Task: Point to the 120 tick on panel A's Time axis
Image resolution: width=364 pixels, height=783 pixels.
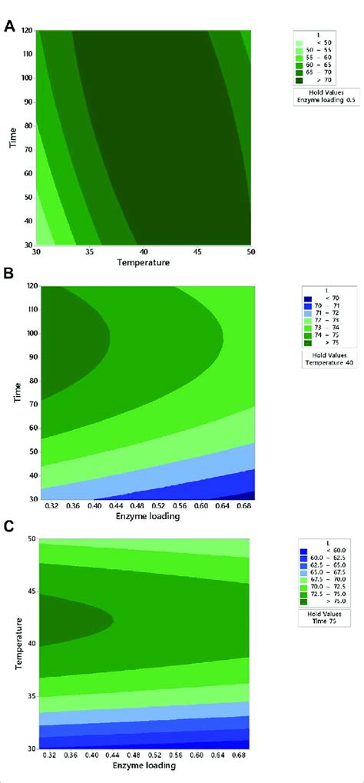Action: click(28, 32)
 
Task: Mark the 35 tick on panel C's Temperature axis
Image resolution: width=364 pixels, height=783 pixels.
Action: click(29, 696)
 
